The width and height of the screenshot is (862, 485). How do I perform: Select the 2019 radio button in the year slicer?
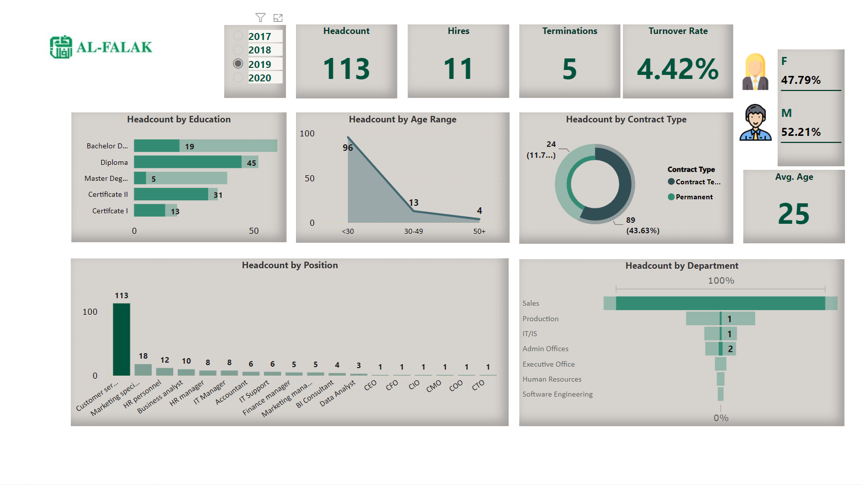click(x=238, y=63)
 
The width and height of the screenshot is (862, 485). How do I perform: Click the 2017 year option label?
click(x=260, y=36)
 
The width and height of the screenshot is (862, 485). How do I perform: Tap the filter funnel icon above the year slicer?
click(x=261, y=17)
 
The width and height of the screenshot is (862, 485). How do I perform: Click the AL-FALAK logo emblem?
click(x=61, y=47)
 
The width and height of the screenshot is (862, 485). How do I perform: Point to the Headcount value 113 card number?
click(x=346, y=68)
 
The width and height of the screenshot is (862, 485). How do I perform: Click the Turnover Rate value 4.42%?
click(x=678, y=68)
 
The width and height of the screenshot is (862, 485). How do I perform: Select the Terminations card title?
click(x=570, y=31)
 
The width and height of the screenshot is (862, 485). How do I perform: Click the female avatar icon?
click(x=755, y=71)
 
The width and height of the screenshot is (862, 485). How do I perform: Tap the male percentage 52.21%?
click(x=801, y=132)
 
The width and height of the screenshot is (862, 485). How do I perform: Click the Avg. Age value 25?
click(x=794, y=214)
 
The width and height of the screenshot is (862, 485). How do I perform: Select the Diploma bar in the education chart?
click(x=188, y=162)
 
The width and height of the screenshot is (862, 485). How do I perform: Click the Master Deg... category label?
click(x=106, y=178)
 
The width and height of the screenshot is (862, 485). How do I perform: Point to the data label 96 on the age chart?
click(x=348, y=147)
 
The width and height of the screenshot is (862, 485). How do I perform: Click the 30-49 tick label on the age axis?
click(x=413, y=231)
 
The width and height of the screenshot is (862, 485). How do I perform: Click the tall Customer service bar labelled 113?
click(x=121, y=339)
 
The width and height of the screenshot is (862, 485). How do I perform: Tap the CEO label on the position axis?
click(x=370, y=385)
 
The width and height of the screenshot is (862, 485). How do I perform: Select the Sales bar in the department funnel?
click(x=720, y=303)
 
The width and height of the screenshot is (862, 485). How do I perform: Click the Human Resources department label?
click(x=552, y=379)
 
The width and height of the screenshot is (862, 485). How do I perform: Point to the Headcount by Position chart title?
click(x=289, y=265)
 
